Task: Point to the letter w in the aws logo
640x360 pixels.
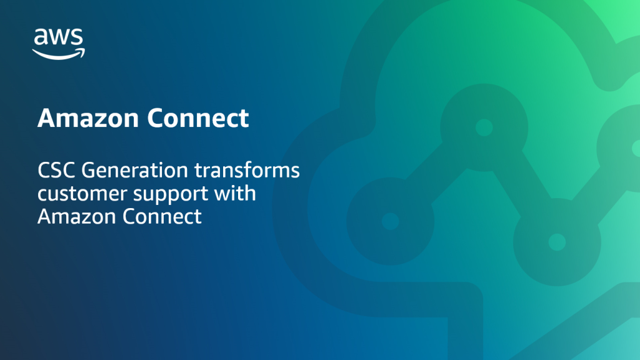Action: pyautogui.click(x=59, y=38)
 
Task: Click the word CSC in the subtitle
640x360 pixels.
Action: pyautogui.click(x=55, y=170)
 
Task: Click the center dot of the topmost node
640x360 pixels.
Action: pyautogui.click(x=484, y=127)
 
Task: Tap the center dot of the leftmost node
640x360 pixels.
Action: pyautogui.click(x=390, y=221)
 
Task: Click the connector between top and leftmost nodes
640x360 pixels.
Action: pyautogui.click(x=437, y=174)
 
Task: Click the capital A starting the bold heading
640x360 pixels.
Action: pyautogui.click(x=45, y=118)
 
